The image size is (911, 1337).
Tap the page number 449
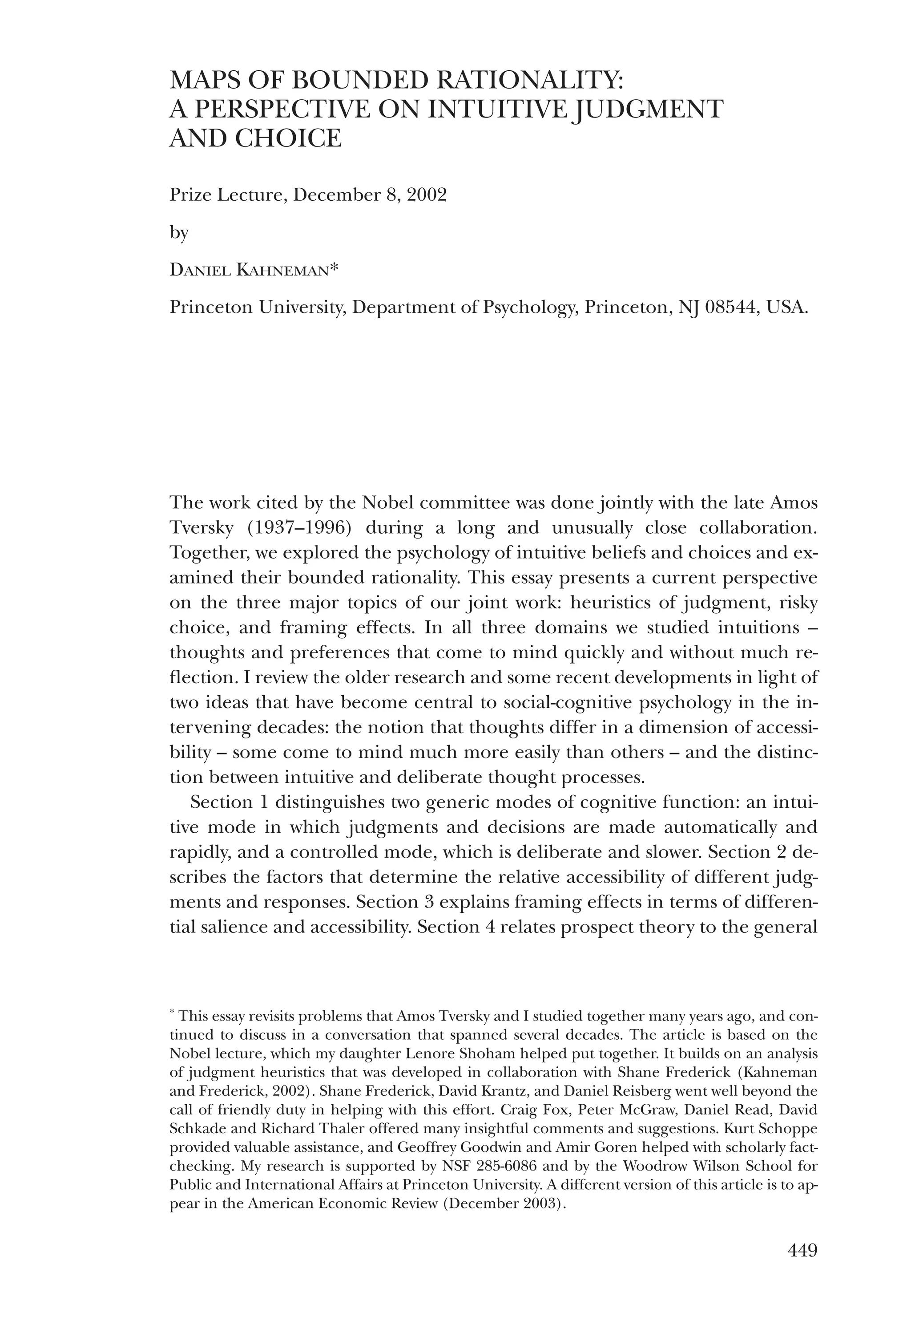(x=802, y=1250)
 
